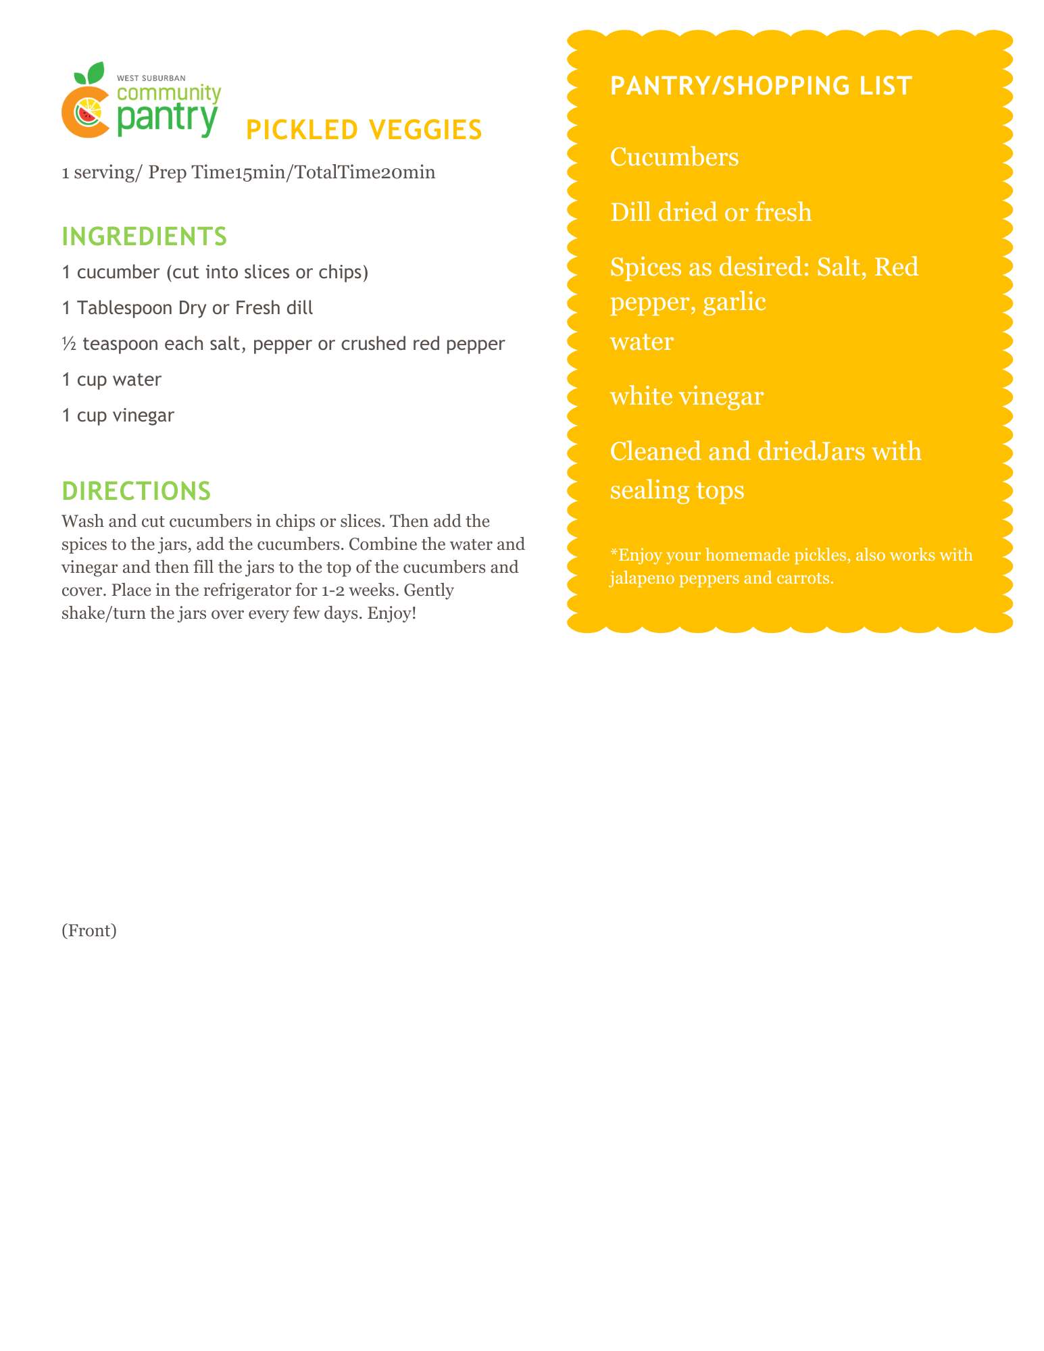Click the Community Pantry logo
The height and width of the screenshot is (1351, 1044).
tap(141, 101)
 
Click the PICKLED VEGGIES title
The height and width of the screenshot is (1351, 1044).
tap(364, 130)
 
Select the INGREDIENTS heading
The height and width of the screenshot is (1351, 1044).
tap(144, 236)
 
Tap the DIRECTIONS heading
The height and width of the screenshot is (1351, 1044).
tap(136, 491)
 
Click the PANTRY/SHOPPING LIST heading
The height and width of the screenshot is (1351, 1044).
tap(761, 86)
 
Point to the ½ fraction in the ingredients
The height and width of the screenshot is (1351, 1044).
tap(68, 344)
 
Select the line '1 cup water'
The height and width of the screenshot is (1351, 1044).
tap(111, 380)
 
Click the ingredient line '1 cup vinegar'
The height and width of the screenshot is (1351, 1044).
tap(118, 415)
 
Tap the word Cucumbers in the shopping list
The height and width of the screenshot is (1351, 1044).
tap(674, 157)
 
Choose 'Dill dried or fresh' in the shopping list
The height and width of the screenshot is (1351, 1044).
tap(711, 213)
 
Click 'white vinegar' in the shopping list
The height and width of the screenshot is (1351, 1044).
tap(687, 397)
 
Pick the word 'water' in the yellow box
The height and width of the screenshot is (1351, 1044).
tap(641, 342)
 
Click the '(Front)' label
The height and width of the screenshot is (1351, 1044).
tap(89, 931)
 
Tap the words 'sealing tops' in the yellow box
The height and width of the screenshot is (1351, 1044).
tap(677, 490)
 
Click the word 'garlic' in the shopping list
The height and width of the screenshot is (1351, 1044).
tap(735, 302)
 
